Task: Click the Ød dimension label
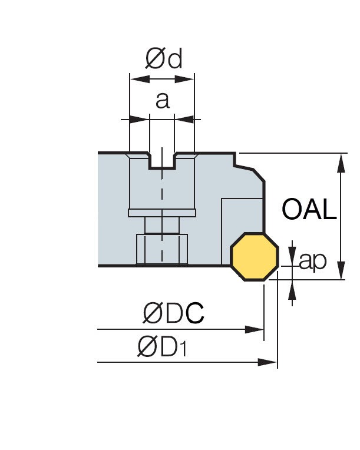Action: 164,58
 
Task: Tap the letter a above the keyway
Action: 162,100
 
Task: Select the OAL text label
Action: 309,209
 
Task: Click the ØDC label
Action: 173,314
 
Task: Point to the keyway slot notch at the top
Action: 162,161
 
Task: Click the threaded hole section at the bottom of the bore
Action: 161,249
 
